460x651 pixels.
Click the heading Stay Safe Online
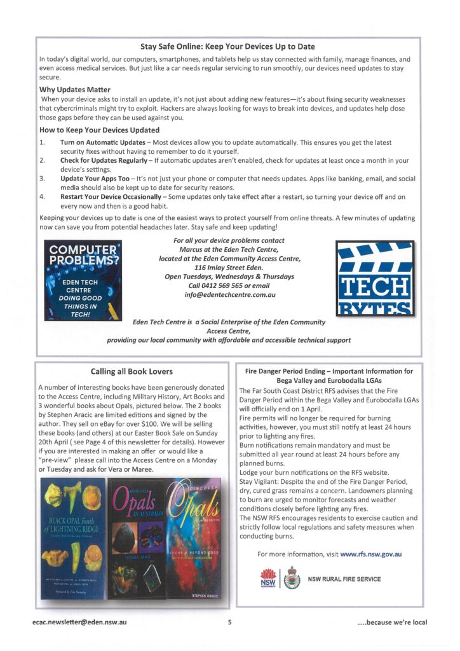click(227, 46)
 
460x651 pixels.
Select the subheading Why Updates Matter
click(75, 90)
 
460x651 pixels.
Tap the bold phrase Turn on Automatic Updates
click(102, 142)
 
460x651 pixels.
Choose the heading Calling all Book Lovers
click(132, 371)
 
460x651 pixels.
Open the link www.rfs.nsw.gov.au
click(371, 554)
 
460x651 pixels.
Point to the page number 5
click(230, 622)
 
